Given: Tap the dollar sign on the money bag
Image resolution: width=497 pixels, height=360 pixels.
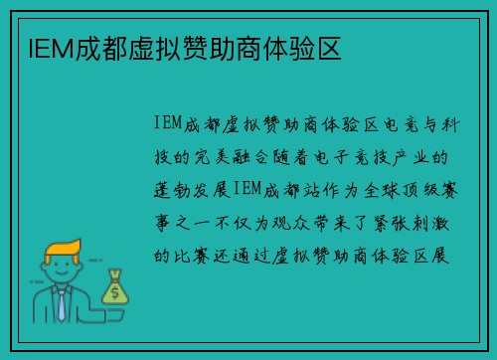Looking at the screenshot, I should (x=115, y=292).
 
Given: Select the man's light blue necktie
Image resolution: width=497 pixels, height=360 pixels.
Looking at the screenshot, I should (x=62, y=304).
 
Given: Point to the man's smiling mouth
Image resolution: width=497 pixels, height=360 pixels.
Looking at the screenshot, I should (x=62, y=275).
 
